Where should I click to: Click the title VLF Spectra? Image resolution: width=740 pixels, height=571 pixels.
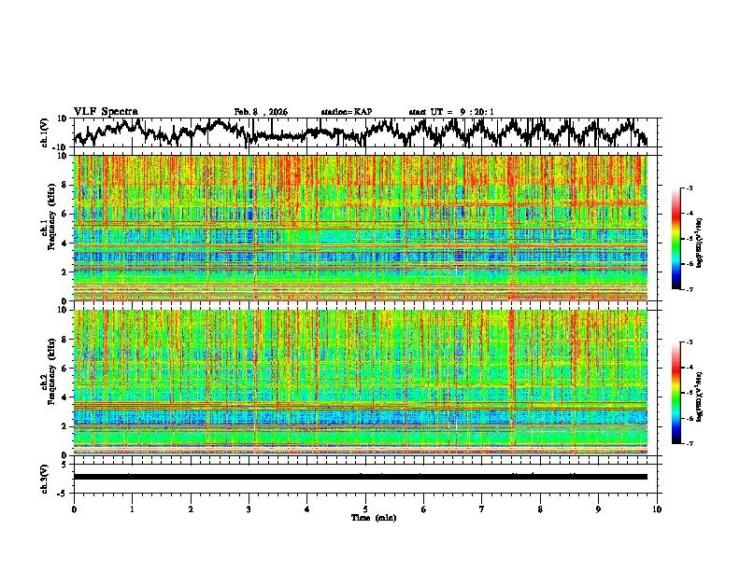(106, 112)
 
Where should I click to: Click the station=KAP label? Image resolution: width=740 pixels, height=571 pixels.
(347, 112)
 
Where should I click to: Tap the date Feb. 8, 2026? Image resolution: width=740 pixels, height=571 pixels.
(261, 112)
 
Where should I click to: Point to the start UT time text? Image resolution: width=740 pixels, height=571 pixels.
(451, 112)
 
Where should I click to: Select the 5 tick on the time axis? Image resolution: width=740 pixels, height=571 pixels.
(365, 508)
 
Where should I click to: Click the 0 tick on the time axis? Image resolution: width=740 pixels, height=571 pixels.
(74, 508)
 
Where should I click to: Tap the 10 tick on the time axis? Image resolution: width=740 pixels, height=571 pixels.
(657, 508)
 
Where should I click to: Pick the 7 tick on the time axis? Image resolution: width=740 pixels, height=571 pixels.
(482, 508)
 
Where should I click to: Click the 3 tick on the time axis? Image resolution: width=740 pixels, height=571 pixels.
(249, 508)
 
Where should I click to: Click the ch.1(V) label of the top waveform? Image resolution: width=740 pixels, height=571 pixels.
(45, 132)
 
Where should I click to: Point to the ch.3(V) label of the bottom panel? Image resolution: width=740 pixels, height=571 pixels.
(45, 476)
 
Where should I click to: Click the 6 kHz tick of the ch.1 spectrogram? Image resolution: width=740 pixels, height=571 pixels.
(64, 214)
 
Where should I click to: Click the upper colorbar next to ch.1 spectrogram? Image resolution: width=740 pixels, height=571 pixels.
(686, 239)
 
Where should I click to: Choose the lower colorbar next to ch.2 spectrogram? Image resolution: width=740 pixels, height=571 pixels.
(686, 393)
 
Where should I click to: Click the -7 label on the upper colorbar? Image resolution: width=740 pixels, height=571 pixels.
(697, 290)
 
